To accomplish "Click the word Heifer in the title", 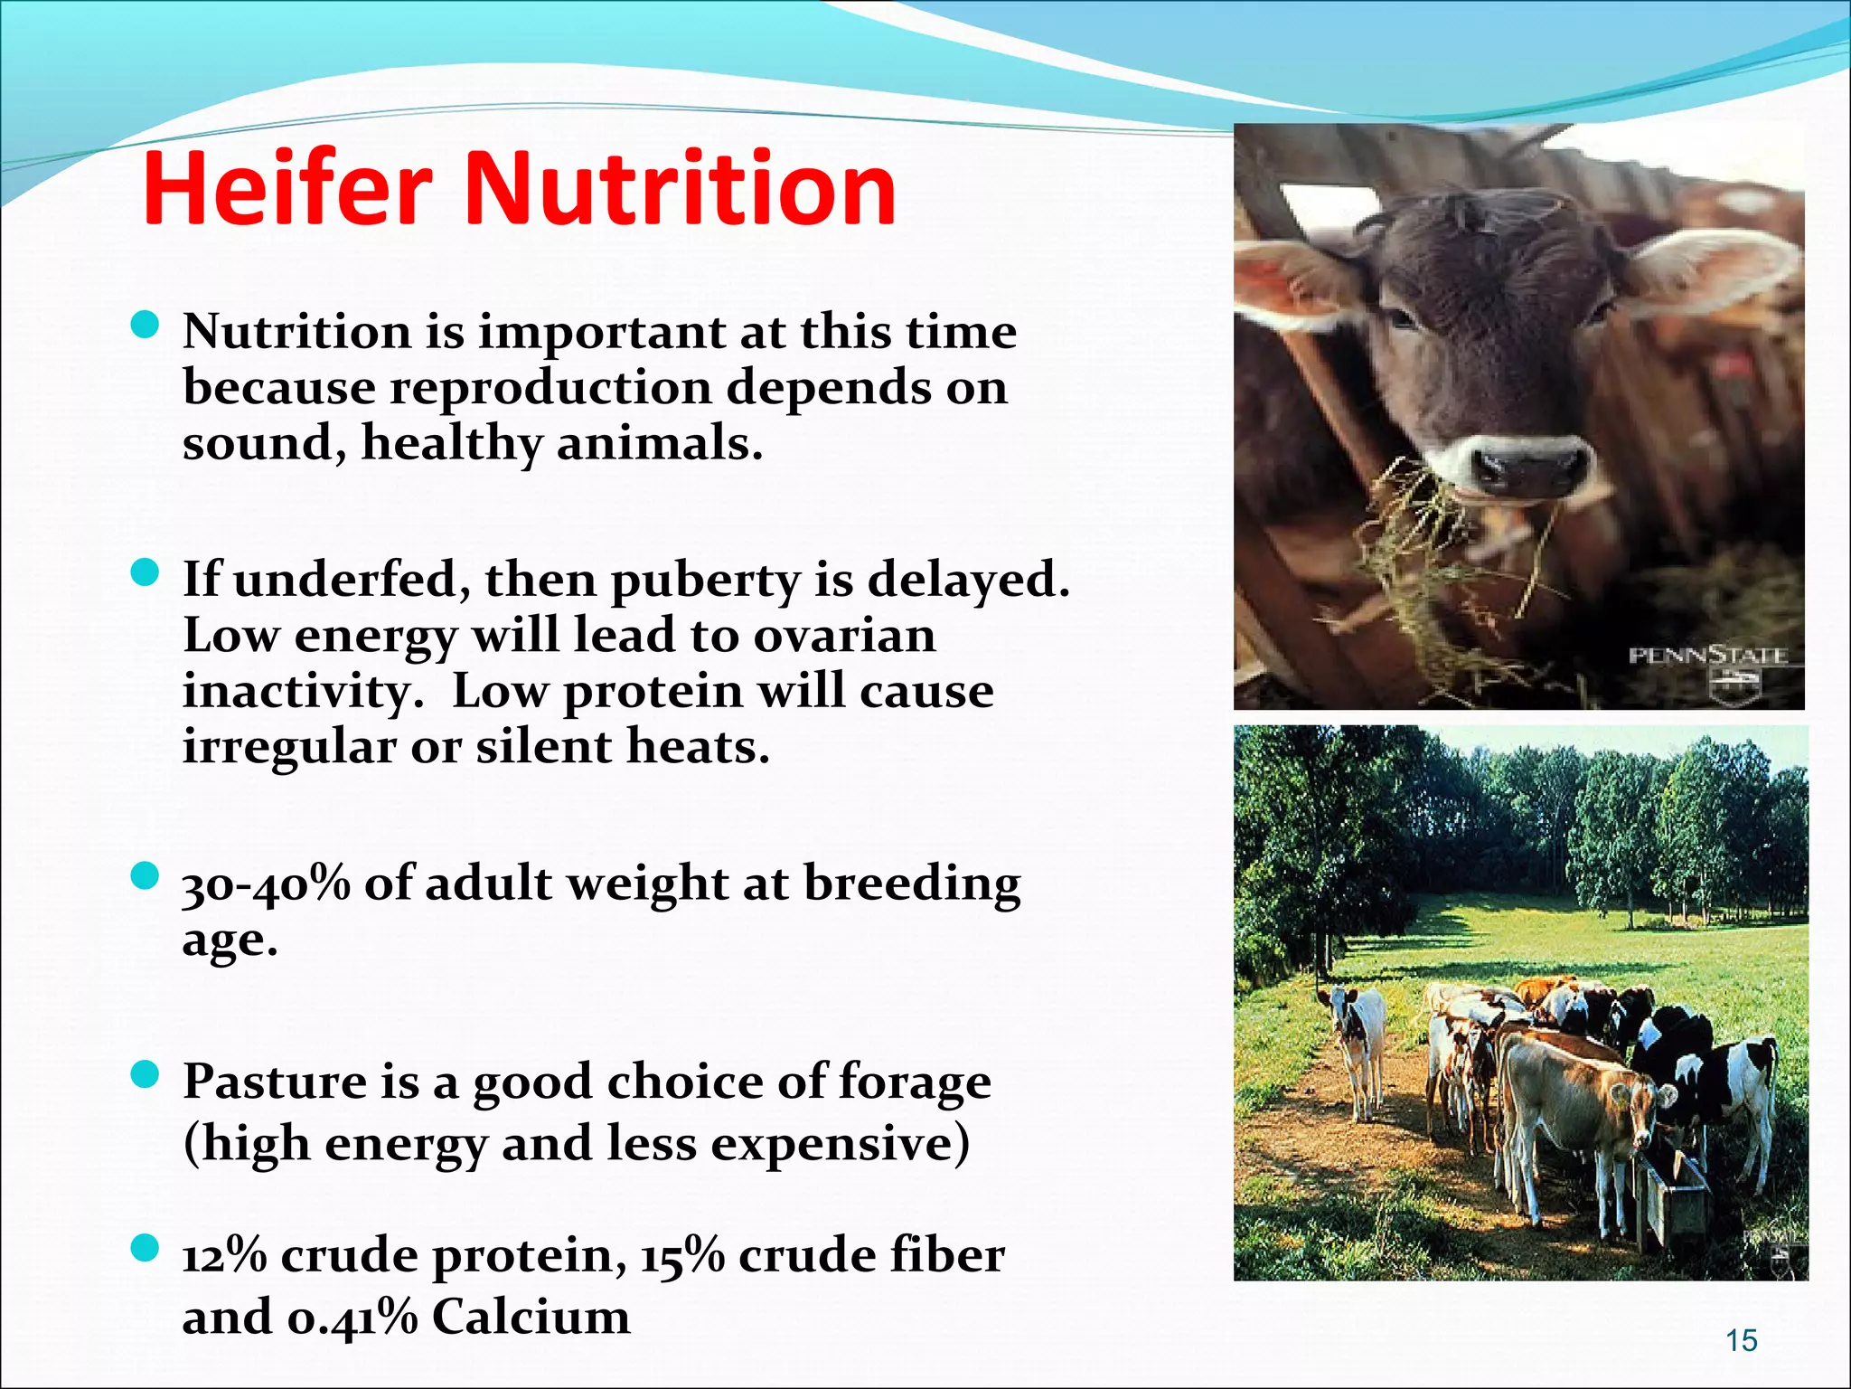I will point(287,189).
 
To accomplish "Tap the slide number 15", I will point(1741,1340).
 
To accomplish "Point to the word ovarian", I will point(844,636).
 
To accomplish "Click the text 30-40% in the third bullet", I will point(266,884).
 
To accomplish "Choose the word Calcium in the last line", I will point(531,1317).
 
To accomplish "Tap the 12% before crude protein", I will point(224,1255).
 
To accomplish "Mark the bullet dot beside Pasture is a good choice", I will point(145,1075).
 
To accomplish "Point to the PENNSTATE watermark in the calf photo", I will point(1707,657).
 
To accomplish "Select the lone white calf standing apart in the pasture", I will point(1357,1040).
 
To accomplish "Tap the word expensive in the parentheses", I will point(833,1144).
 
